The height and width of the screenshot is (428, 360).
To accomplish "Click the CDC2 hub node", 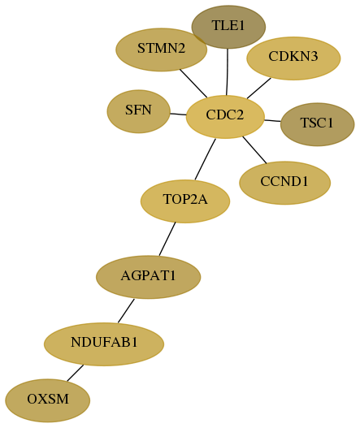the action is point(225,117).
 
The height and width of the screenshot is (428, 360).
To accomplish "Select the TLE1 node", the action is point(228,27).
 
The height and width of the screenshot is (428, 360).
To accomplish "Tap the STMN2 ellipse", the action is point(161,50).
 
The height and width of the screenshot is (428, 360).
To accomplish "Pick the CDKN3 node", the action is point(293,58).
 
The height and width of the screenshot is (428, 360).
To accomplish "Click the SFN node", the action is point(138,111).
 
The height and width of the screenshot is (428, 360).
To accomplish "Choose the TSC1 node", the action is point(318,124).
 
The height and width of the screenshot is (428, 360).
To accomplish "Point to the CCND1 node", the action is point(285,183).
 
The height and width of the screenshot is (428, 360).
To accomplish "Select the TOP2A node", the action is point(185,201).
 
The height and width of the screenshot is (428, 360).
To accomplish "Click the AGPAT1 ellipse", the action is point(149,277).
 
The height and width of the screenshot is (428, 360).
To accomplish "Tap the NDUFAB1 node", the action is point(104,344).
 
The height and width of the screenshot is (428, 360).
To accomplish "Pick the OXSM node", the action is point(47,400).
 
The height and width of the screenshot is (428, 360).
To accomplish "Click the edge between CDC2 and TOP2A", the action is point(205,159).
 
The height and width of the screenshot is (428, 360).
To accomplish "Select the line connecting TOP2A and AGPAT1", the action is point(167,239).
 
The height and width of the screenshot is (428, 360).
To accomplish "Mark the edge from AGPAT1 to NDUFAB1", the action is point(126,310).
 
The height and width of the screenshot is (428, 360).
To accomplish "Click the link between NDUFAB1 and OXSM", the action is point(75,373).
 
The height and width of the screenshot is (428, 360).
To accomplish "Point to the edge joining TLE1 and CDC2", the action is point(228,72).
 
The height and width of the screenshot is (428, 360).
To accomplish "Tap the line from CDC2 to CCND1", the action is point(254,150).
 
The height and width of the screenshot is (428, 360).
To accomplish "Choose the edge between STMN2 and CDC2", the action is point(193,84).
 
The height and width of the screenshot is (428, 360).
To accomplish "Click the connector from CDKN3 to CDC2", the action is point(259,89).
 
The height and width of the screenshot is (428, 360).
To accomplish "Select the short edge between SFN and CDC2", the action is point(178,114).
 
